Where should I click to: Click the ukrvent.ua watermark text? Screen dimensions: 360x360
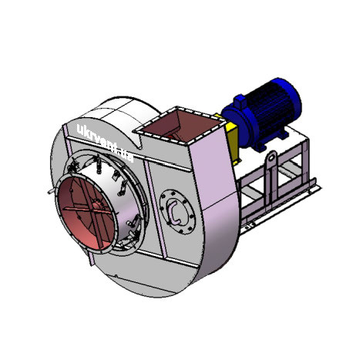tap(106, 143)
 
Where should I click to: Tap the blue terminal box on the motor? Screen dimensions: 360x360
tap(241, 101)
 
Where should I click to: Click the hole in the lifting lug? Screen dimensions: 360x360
tap(272, 157)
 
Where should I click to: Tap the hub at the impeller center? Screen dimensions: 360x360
tap(96, 205)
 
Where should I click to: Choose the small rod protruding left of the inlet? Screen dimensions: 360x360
tap(52, 190)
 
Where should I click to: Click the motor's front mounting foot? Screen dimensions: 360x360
tap(260, 146)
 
